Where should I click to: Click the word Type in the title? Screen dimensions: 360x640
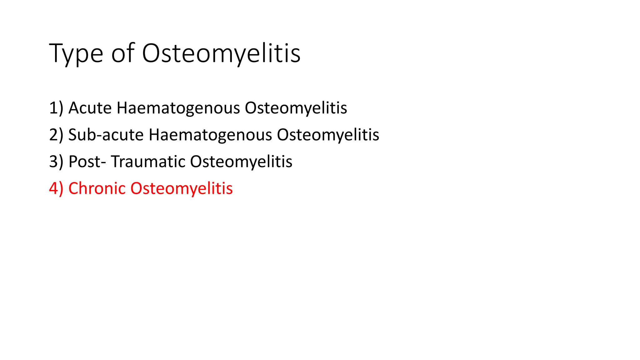pyautogui.click(x=76, y=54)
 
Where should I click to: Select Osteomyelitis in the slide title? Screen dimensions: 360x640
pyautogui.click(x=221, y=54)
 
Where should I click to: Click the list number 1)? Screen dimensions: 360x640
pyautogui.click(x=56, y=108)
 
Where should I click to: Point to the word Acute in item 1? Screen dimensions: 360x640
pyautogui.click(x=90, y=108)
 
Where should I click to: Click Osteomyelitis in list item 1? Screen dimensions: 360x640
pyautogui.click(x=296, y=108)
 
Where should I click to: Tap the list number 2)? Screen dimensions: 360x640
pyautogui.click(x=56, y=135)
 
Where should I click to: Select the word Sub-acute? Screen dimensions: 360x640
pyautogui.click(x=106, y=135)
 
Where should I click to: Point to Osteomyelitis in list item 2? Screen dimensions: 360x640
pyautogui.click(x=328, y=135)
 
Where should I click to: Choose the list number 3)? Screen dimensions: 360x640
pyautogui.click(x=56, y=162)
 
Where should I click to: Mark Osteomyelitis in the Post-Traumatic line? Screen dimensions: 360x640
pyautogui.click(x=241, y=162)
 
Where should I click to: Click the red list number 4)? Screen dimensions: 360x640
pyautogui.click(x=56, y=188)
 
